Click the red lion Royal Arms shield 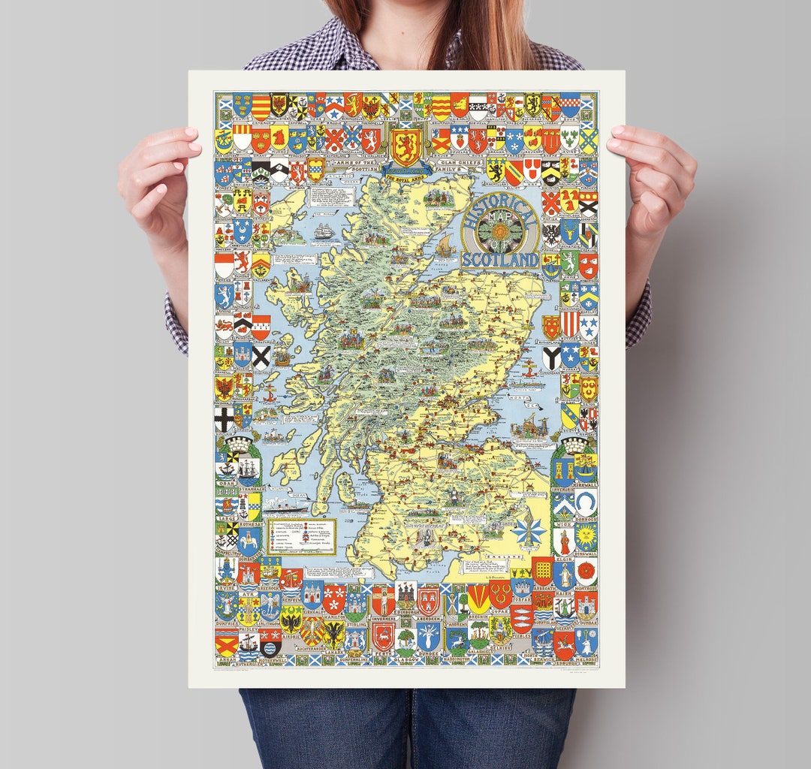coord(405,147)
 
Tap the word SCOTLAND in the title coord(500,260)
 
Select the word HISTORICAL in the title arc coord(500,213)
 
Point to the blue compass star coord(530,530)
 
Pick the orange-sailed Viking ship coord(445,244)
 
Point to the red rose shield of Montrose coord(586,572)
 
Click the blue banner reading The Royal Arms coord(405,170)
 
